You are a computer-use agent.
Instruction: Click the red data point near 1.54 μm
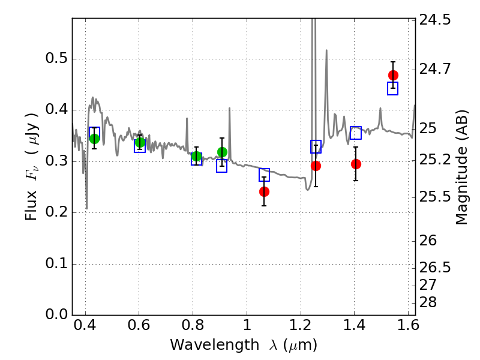[x=393, y=75]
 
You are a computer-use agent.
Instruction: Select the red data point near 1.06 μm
[x=264, y=191]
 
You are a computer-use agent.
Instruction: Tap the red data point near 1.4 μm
[x=356, y=164]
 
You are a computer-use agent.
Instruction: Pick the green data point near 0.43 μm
[x=94, y=139]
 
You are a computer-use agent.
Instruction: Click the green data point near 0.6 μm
[x=140, y=142]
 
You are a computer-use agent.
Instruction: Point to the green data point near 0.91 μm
[x=222, y=152]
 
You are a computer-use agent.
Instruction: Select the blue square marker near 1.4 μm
[x=356, y=133]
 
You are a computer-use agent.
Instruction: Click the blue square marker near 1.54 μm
[x=393, y=88]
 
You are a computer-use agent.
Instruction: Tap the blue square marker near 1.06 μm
[x=264, y=175]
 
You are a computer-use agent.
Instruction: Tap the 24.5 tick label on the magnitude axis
[x=436, y=20]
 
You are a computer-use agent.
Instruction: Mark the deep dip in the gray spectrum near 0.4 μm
[x=86, y=208]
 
